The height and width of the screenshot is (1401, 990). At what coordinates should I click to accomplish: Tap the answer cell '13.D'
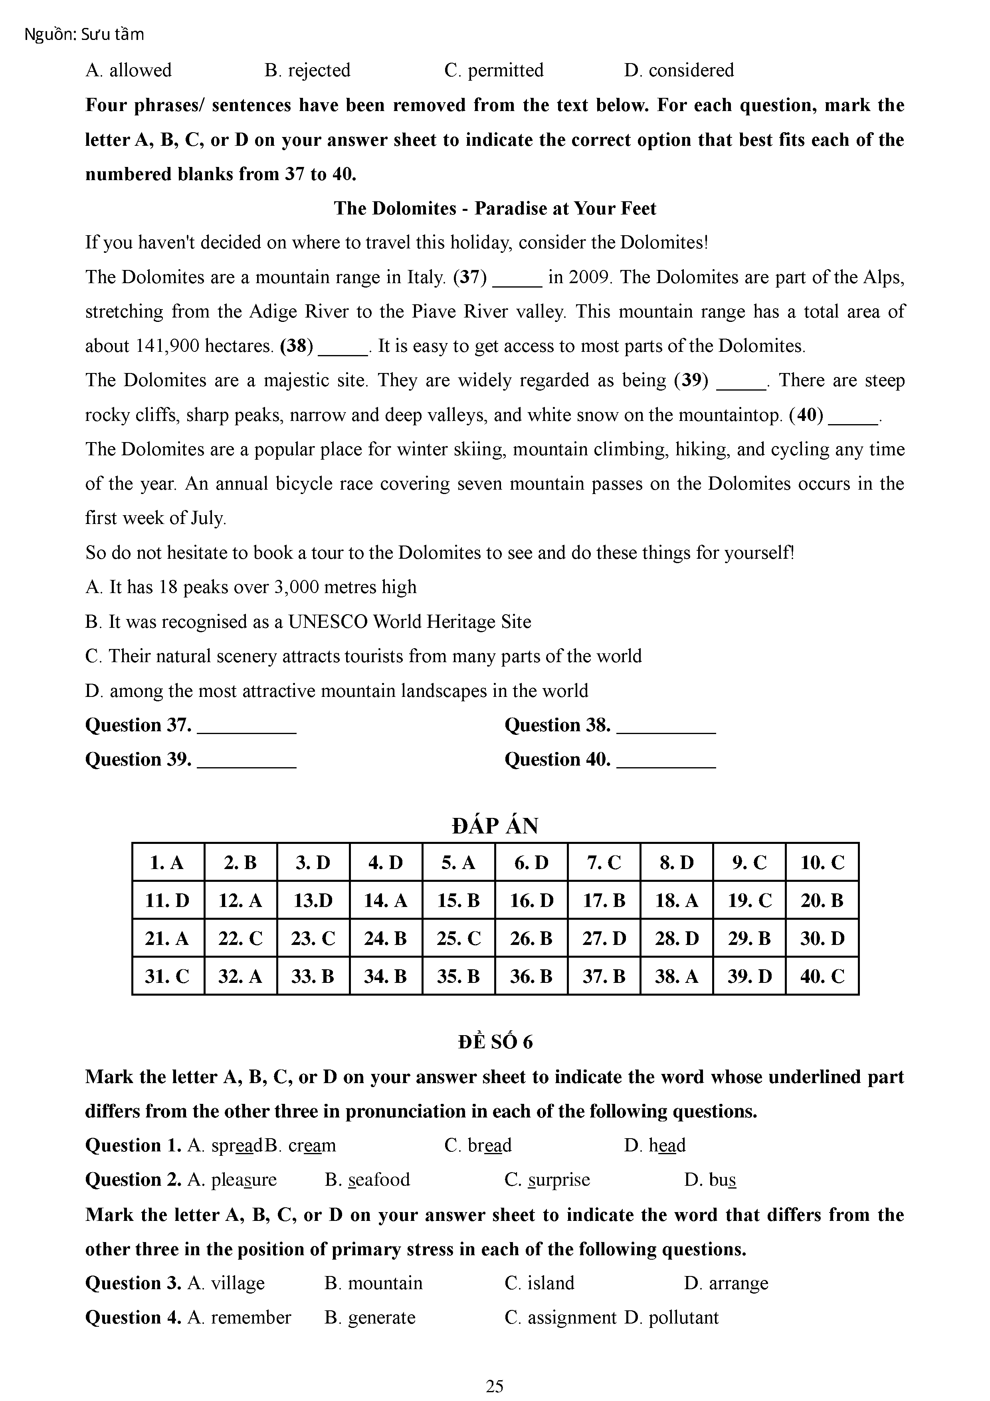(x=313, y=900)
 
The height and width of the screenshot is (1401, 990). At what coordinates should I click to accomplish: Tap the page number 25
(x=495, y=1386)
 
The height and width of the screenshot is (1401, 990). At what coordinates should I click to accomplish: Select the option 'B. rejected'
(x=307, y=70)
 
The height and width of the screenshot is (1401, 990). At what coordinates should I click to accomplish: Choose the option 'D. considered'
(x=679, y=70)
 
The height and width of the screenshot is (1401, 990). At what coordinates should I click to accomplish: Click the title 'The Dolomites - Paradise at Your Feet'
(x=495, y=209)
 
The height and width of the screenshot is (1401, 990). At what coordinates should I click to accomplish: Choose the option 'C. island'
(x=539, y=1283)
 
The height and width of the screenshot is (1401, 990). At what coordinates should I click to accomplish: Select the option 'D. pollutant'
(x=671, y=1318)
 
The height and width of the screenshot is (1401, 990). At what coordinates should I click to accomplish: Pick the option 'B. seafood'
(x=367, y=1179)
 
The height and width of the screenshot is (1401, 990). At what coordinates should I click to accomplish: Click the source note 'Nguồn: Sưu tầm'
(x=84, y=35)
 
